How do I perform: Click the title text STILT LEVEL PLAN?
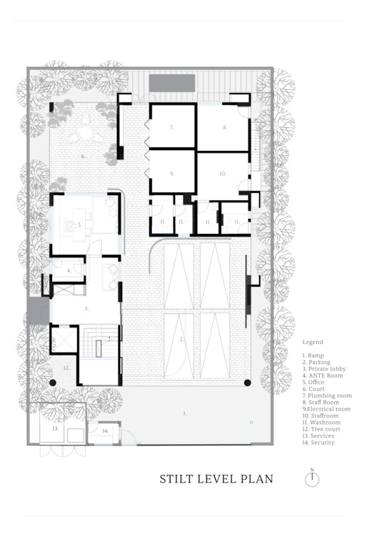[216, 478]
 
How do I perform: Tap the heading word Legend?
[313, 343]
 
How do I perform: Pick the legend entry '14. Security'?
[318, 443]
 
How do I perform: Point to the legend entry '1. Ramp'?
[313, 355]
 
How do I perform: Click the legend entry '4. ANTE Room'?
[323, 375]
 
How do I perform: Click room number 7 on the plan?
[171, 127]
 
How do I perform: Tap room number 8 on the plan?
[224, 127]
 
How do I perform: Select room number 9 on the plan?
[172, 173]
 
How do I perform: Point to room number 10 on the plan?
[222, 173]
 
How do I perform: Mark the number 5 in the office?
[79, 225]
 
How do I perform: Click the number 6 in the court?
[82, 155]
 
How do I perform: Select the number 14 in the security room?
[104, 431]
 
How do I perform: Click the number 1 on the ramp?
[184, 413]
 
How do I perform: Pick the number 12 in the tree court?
[66, 368]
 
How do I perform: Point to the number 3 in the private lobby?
[86, 308]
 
